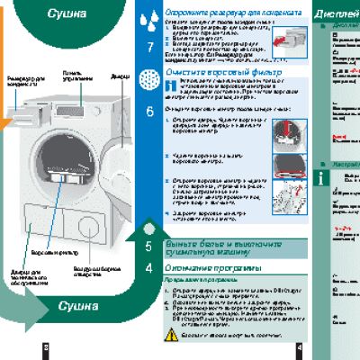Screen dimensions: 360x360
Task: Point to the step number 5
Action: click(x=148, y=246)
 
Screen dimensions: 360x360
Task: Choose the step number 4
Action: click(x=148, y=268)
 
